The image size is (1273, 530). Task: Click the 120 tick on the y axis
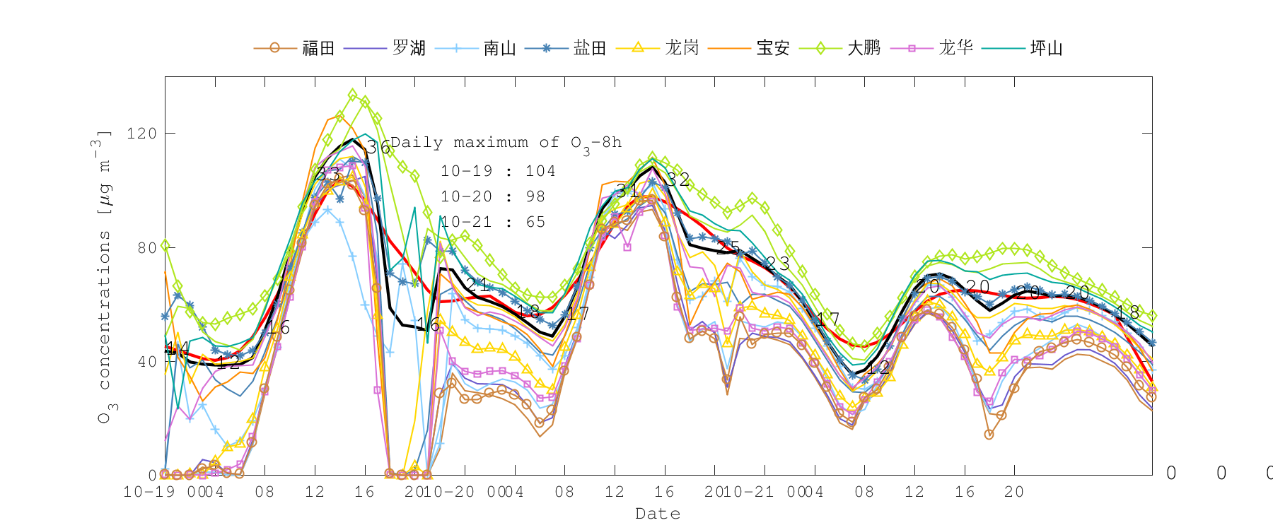[x=141, y=134]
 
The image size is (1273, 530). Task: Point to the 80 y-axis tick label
[x=146, y=248]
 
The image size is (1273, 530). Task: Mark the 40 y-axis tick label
[x=146, y=362]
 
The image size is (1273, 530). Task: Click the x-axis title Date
[x=658, y=514]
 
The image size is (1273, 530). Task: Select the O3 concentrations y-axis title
[x=104, y=276]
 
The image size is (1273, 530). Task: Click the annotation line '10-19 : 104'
[x=498, y=171]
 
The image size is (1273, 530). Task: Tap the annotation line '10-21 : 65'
[x=493, y=222]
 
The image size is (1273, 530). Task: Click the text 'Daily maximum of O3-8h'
[x=506, y=143]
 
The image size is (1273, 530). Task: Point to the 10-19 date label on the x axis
[x=150, y=492]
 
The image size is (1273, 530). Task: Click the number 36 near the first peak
[x=378, y=147]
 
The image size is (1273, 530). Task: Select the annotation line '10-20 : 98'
[x=493, y=196]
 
